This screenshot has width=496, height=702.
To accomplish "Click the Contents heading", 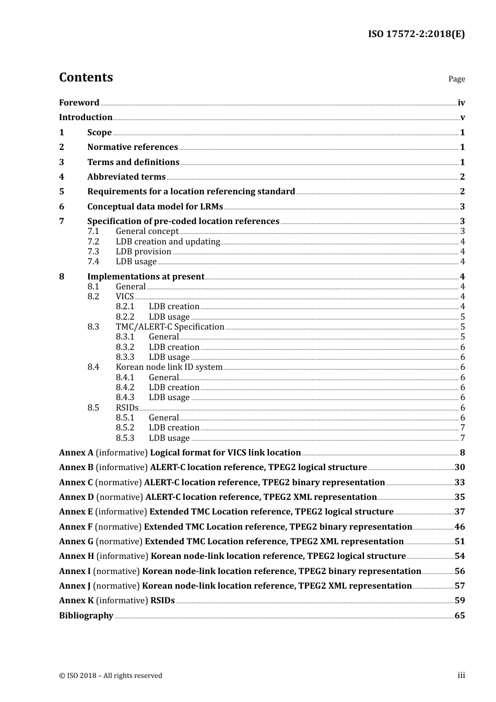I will [x=86, y=77].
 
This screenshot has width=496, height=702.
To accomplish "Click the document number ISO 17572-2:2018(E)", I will [x=416, y=34].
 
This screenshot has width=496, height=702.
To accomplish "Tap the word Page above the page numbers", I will [x=456, y=79].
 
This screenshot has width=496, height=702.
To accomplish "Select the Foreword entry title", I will [x=79, y=102].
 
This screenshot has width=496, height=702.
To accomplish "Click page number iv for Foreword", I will [x=461, y=102].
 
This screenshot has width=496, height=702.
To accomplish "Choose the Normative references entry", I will [x=133, y=147].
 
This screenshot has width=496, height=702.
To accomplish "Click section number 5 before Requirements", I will [x=62, y=192].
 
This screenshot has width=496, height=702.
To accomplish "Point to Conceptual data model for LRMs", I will [x=155, y=206].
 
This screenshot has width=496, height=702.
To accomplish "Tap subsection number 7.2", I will [x=93, y=241].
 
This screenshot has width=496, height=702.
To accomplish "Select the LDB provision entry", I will [x=143, y=251].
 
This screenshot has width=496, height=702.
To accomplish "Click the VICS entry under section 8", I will [x=125, y=296].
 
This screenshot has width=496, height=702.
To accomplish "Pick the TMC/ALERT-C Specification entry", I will [x=170, y=326].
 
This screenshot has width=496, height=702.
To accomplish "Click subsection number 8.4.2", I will [x=125, y=387].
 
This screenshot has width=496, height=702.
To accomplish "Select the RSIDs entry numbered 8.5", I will [x=127, y=407].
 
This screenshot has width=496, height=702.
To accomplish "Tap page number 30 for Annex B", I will [x=459, y=467].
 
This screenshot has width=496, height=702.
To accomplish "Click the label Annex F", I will [x=76, y=526].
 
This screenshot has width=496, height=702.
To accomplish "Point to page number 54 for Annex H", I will [x=459, y=556].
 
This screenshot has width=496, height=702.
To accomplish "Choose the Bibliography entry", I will [x=86, y=615].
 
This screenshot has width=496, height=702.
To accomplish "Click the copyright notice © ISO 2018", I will [x=110, y=675].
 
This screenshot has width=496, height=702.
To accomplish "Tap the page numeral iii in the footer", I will [x=461, y=675].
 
